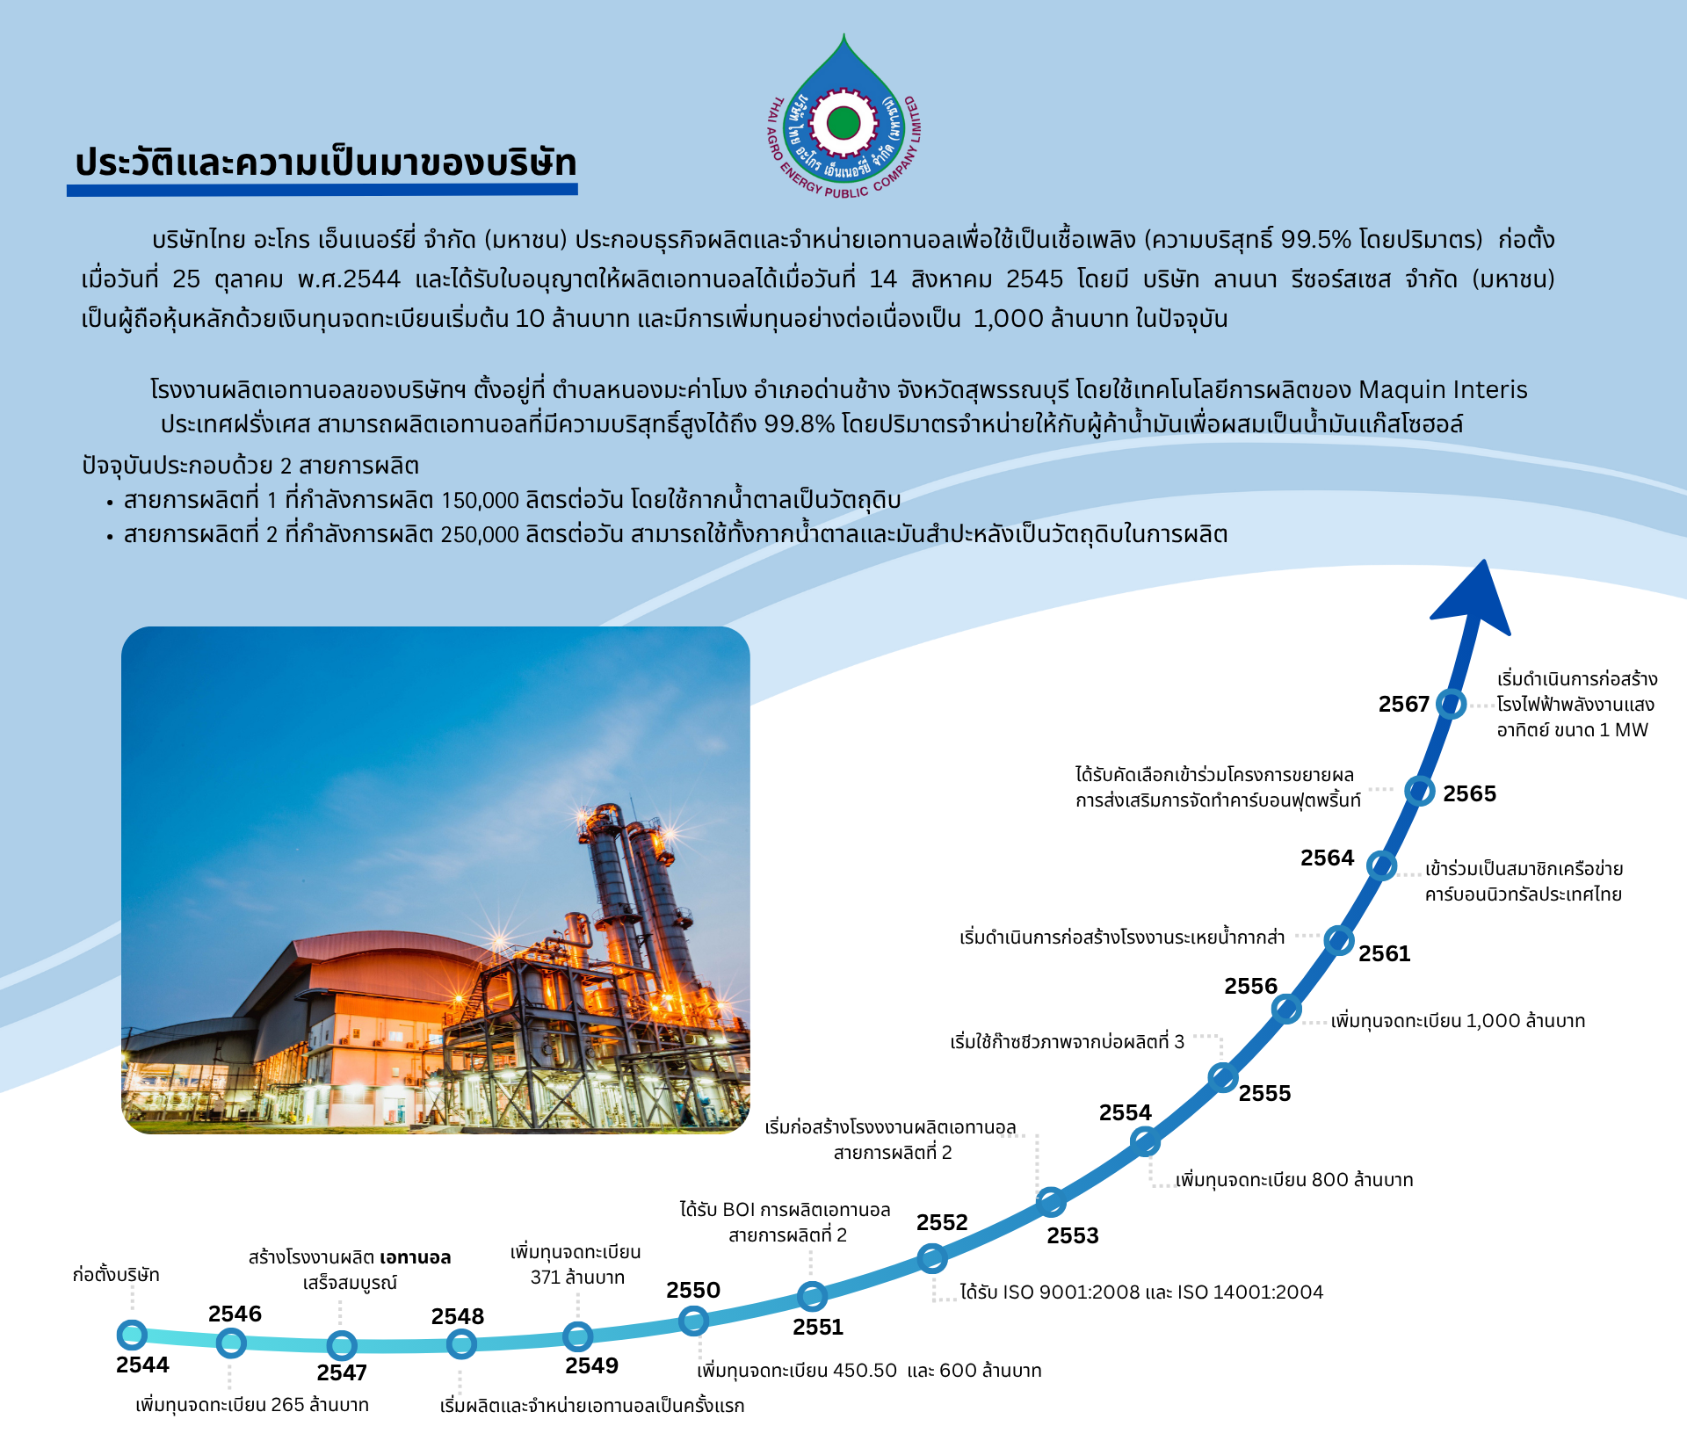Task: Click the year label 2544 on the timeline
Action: click(142, 1365)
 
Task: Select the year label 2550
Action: click(693, 1290)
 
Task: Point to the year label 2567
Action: click(1404, 704)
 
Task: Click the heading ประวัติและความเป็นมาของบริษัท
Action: click(326, 163)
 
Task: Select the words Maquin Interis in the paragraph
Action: click(1443, 389)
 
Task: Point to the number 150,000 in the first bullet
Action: click(480, 500)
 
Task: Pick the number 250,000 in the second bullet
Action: click(480, 534)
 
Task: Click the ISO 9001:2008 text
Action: click(1061, 1292)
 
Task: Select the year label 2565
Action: click(1469, 793)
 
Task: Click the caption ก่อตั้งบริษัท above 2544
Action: click(116, 1275)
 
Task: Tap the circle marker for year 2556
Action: click(1286, 1009)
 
